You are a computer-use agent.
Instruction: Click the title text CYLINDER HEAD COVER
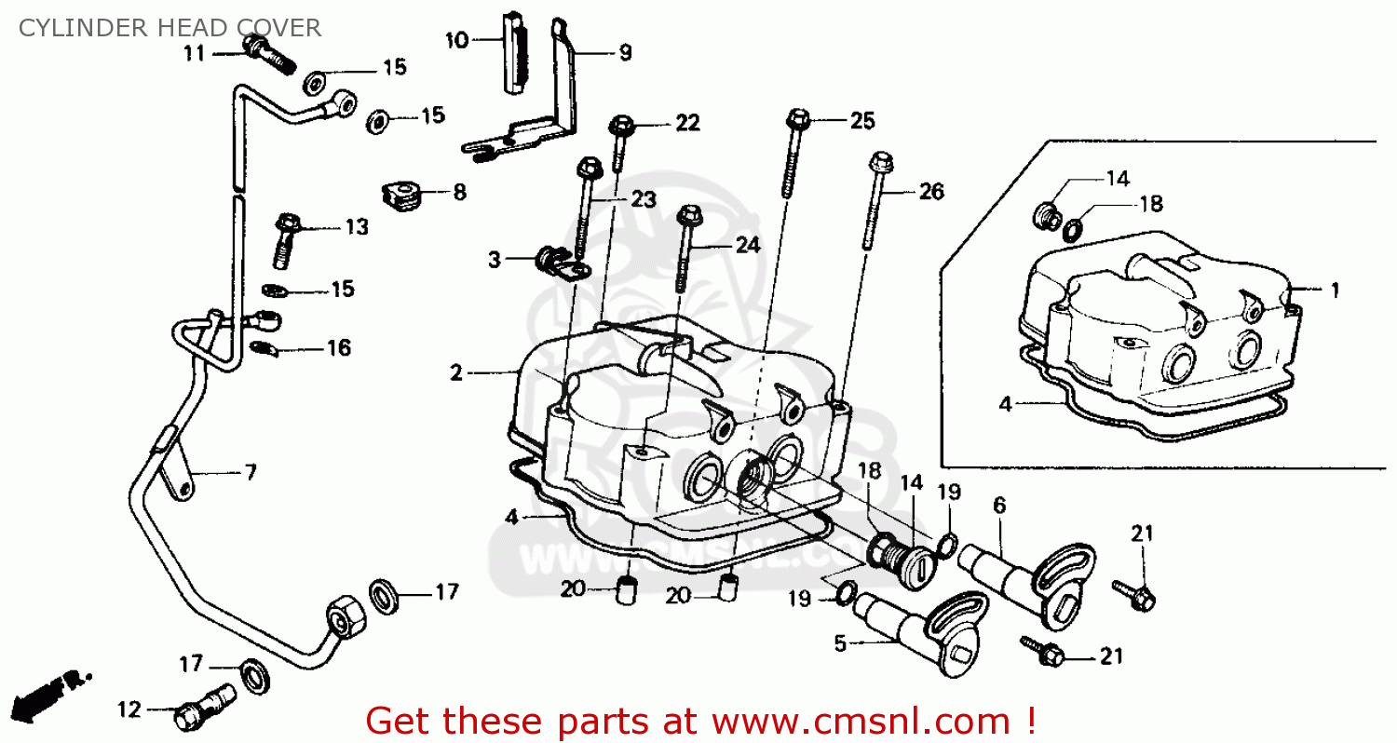tap(170, 27)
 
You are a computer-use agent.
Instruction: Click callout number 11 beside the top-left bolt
tap(193, 53)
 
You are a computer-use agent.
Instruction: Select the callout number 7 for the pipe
tap(250, 472)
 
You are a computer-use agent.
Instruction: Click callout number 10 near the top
tap(456, 40)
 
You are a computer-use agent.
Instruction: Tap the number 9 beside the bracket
tap(624, 52)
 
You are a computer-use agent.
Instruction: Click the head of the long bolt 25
tap(797, 118)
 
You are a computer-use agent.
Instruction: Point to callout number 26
tap(930, 192)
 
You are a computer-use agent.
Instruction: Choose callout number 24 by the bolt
tap(747, 245)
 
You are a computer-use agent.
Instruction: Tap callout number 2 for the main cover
tap(455, 373)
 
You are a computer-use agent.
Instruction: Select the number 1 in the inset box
tap(1334, 290)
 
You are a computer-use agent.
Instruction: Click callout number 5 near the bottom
tap(840, 643)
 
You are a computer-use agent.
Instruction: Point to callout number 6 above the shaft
tap(999, 505)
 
